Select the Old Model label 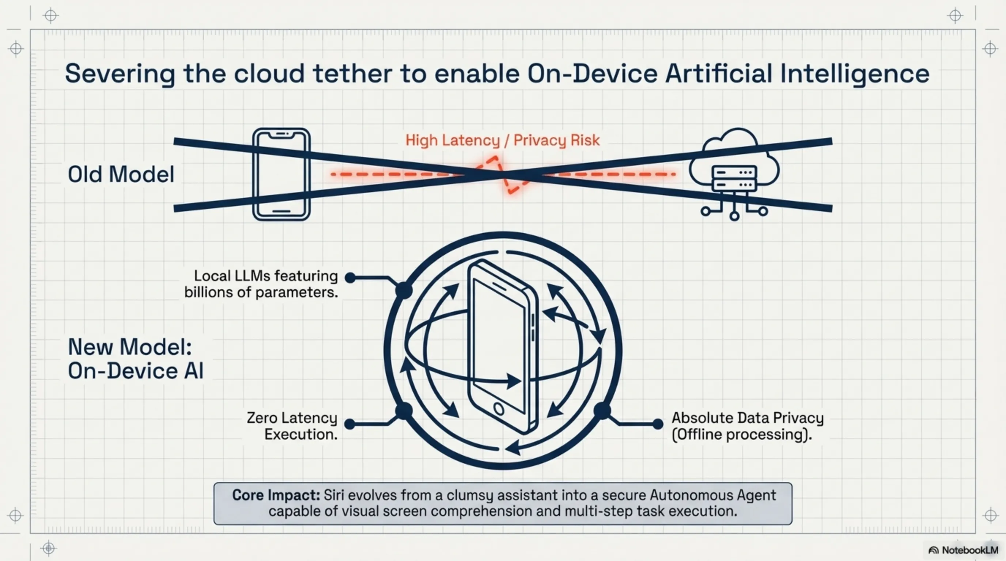(x=121, y=174)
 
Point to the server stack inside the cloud (x=734, y=178)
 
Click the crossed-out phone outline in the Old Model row (x=281, y=174)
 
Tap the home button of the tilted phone (x=499, y=409)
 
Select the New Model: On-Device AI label (x=136, y=359)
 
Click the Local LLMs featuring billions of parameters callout (x=261, y=284)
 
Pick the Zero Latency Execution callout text (x=292, y=426)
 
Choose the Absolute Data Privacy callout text (x=748, y=426)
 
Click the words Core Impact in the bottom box (x=276, y=496)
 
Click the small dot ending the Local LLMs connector (x=350, y=278)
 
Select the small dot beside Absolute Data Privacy (x=658, y=424)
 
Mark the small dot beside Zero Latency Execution (x=350, y=424)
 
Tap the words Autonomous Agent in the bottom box (x=713, y=496)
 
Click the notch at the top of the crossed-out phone (x=281, y=134)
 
